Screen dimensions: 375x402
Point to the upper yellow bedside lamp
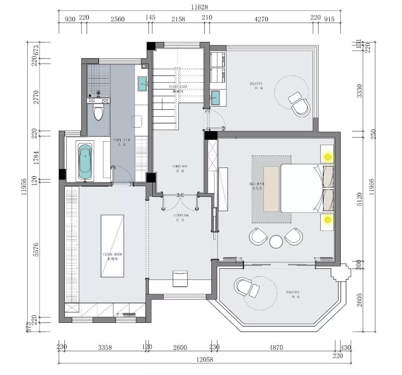point(327,157)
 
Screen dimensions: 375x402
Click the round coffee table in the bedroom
point(276,241)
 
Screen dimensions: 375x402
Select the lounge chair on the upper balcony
point(299,104)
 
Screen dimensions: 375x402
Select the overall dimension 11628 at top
point(200,7)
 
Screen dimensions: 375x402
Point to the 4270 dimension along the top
point(261,19)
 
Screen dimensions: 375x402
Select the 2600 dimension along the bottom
point(180,348)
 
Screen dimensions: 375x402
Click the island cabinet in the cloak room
point(112,246)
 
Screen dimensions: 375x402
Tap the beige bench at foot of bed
point(271,189)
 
